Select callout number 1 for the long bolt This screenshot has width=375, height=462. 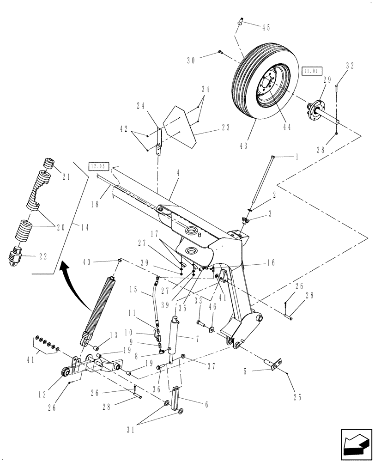point(296,157)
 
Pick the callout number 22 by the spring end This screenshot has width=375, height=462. point(42,257)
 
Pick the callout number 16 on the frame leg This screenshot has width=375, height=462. point(270,262)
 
